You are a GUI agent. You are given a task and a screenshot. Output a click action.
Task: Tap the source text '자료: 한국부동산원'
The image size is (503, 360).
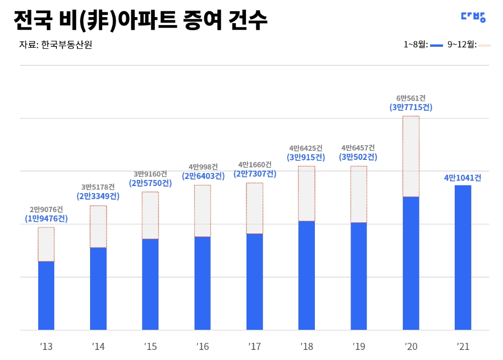click(x=55, y=45)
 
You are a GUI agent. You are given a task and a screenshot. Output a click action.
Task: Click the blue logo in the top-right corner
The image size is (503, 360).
click(x=473, y=17)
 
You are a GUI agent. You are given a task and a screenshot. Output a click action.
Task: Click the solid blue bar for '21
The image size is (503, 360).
click(x=463, y=257)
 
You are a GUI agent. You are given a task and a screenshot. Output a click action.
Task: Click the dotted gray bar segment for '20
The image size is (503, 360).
click(x=411, y=156)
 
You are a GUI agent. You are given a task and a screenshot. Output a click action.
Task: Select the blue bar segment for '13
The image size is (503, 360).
click(x=46, y=296)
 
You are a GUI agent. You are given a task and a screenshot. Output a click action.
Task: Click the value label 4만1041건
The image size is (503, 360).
click(x=463, y=177)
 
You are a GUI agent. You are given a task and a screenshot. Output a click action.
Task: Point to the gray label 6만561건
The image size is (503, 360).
click(x=410, y=98)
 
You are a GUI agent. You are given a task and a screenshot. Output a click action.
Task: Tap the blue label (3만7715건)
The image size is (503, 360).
click(x=410, y=107)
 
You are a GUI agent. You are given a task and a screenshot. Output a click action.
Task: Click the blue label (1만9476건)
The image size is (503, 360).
click(x=46, y=219)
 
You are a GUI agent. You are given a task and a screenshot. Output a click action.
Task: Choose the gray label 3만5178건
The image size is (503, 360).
click(x=98, y=187)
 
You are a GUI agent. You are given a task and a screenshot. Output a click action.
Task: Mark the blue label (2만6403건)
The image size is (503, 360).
click(x=203, y=176)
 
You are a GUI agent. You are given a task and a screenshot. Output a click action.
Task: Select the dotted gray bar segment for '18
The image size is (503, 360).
click(x=306, y=194)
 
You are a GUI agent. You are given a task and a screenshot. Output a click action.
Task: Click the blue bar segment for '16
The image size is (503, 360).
click(x=203, y=283)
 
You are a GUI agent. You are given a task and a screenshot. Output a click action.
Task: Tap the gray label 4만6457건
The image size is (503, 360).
click(x=358, y=148)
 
